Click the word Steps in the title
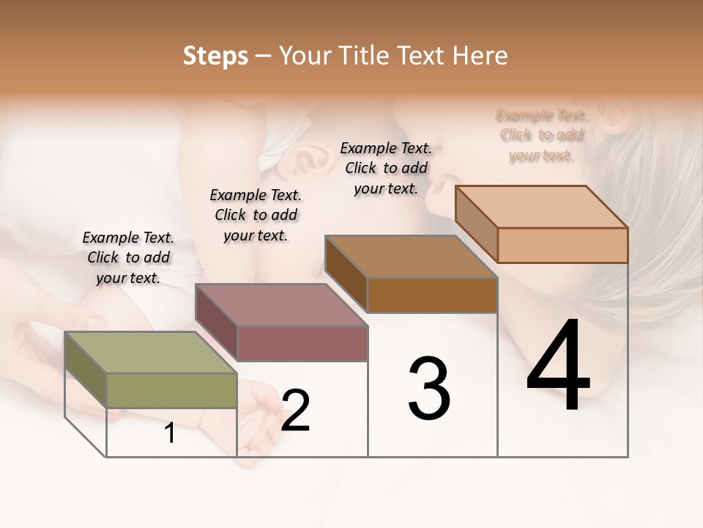(x=215, y=56)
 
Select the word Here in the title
(x=480, y=56)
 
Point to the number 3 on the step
(x=429, y=389)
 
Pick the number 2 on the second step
(x=295, y=411)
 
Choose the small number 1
(x=170, y=433)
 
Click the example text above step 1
(x=128, y=257)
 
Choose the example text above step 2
(x=256, y=215)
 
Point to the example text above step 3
(x=386, y=168)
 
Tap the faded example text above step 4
(x=542, y=135)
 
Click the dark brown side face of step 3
(x=346, y=274)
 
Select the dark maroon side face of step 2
(x=216, y=323)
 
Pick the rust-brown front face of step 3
(x=432, y=296)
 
